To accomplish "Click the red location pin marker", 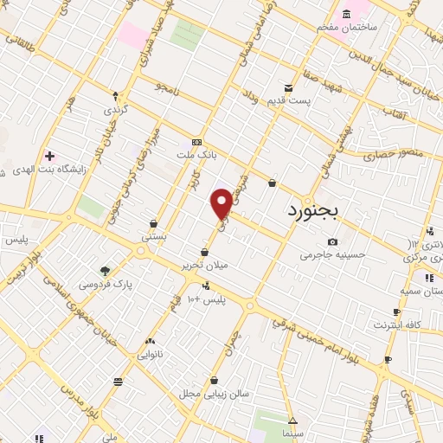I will click(222, 202).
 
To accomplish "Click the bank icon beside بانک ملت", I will click(196, 142).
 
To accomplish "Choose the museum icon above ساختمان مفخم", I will click(347, 14).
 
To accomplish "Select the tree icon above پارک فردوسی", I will click(106, 271).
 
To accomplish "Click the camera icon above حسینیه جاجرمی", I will click(332, 241).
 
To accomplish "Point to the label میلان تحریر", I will click(204, 265).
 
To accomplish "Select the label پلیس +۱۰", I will click(206, 299).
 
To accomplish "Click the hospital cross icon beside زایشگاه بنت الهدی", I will click(49, 156).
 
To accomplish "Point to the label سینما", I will click(292, 432).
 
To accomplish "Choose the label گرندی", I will click(115, 110).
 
